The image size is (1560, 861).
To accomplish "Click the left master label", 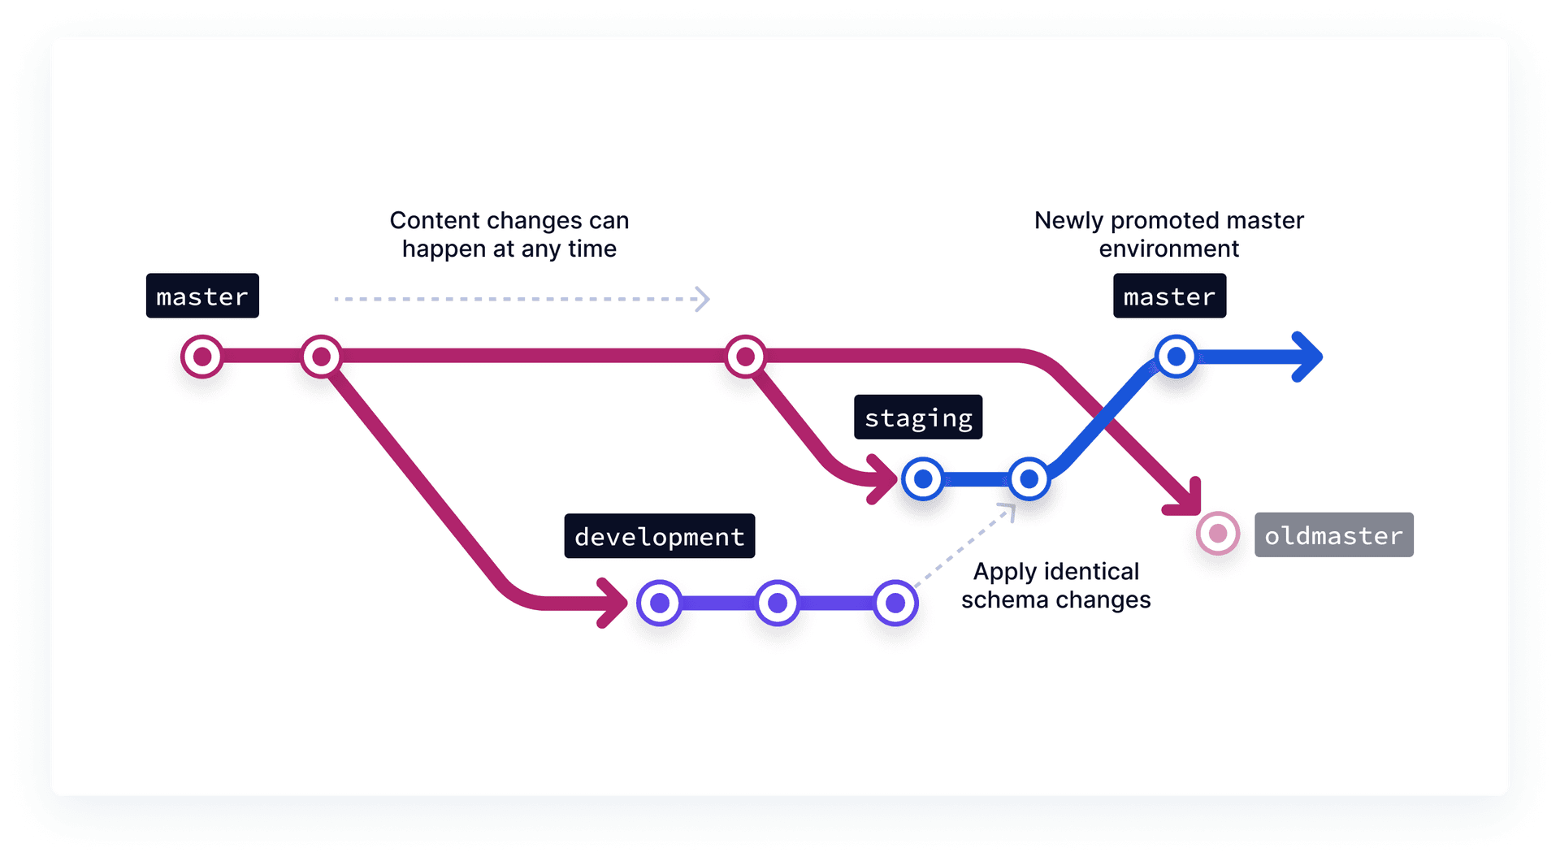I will click(x=202, y=296).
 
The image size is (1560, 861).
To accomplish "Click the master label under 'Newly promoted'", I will click(x=1169, y=296).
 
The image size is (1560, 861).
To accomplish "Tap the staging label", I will click(x=918, y=418).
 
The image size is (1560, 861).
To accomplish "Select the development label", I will click(x=659, y=536).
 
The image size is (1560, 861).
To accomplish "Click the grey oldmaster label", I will click(x=1333, y=535).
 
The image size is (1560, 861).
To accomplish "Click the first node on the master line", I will click(x=202, y=357).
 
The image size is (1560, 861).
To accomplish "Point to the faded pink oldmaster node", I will click(x=1218, y=534).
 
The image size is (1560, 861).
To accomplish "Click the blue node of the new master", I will click(x=1176, y=357).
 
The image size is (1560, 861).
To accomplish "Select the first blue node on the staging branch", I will click(x=923, y=479).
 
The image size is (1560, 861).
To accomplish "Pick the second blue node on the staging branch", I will click(x=1029, y=479).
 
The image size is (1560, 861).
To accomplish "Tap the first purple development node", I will click(x=660, y=603).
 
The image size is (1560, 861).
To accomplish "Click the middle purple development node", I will click(x=778, y=603).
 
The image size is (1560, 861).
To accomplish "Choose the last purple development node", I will click(x=895, y=603).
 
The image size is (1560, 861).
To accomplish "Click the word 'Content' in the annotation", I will click(x=435, y=220).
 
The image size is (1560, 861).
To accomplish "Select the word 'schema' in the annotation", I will click(x=1004, y=599).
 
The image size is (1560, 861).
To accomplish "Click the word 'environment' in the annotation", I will click(x=1168, y=249).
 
